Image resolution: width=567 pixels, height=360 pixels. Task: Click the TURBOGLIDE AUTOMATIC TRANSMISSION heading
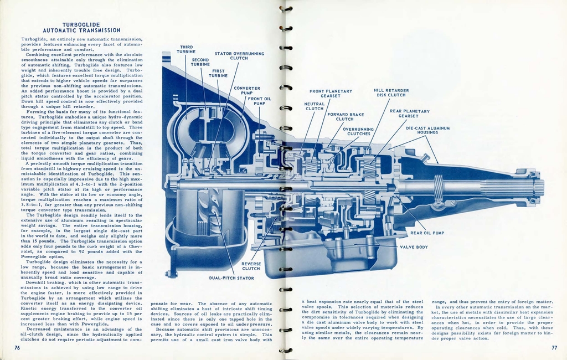point(81,28)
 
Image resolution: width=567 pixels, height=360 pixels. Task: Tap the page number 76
point(17,347)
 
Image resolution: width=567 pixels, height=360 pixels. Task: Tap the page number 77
point(554,347)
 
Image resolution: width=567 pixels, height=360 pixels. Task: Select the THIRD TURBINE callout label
point(186,50)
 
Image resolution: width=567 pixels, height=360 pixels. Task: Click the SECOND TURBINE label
point(200,62)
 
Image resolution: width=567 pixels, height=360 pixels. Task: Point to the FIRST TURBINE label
point(218,74)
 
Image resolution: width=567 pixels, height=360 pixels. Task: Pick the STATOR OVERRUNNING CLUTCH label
point(239,56)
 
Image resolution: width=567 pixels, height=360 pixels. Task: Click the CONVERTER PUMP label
point(247,90)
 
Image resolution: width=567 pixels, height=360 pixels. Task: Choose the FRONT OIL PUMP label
point(259,101)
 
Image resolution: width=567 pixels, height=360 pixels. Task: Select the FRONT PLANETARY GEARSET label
point(331,94)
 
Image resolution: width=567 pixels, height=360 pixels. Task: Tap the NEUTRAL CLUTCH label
point(315,106)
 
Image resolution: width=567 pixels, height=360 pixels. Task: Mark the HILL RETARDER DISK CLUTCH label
point(391,92)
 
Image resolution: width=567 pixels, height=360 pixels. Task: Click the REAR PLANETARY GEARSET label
point(409,114)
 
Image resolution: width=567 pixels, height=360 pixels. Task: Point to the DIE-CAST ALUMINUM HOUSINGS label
point(427,130)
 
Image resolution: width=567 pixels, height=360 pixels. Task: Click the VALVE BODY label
point(414,247)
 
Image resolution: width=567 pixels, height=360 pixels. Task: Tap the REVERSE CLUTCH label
point(251,266)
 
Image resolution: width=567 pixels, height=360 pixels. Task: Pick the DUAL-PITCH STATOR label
point(231,278)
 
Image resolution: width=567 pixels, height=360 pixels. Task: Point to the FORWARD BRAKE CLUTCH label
point(345,117)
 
